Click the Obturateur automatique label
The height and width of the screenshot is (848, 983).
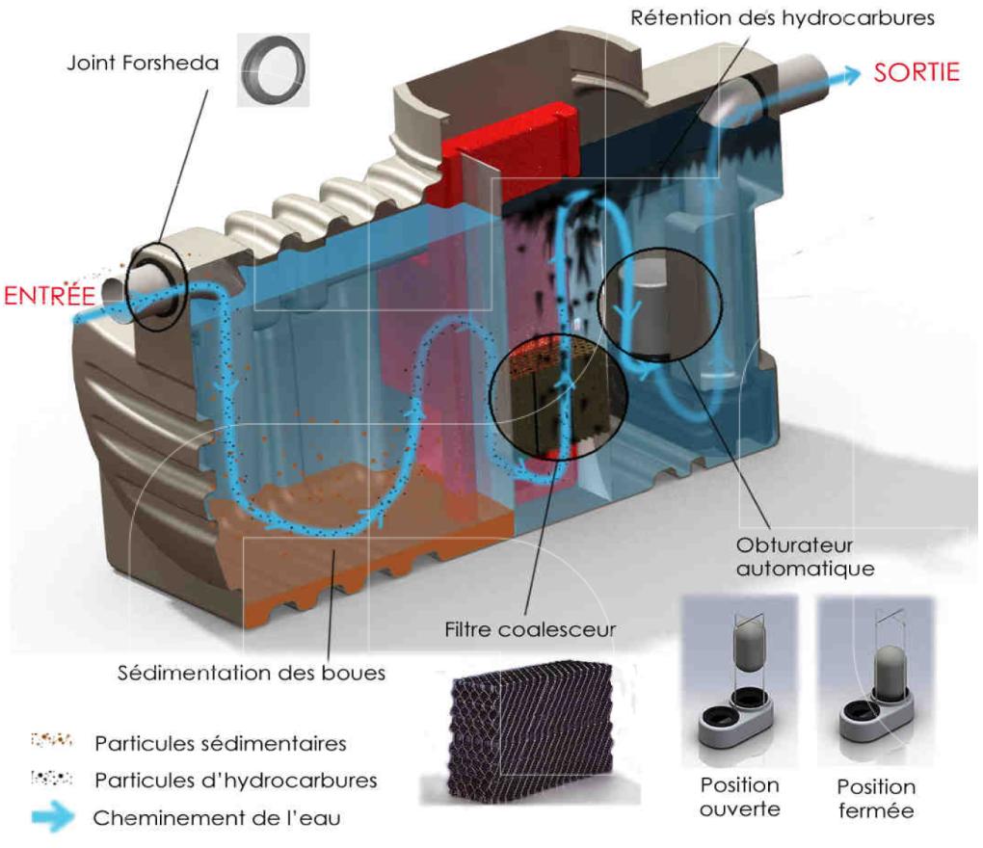(805, 556)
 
